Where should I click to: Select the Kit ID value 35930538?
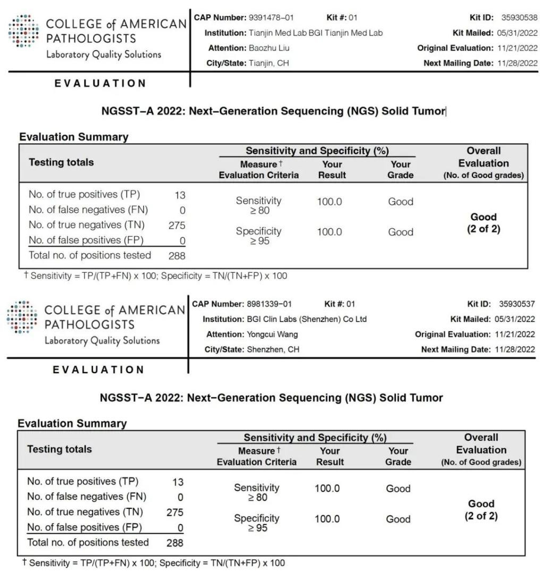coord(519,18)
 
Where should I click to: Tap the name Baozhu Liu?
coord(269,48)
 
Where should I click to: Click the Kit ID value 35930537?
coord(517,304)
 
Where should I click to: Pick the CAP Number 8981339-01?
coord(269,304)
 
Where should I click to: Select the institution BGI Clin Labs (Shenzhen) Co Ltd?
coord(307,319)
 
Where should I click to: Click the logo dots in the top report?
coord(23,31)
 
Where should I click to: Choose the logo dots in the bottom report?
coord(22,317)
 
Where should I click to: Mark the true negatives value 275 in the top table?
coord(176,226)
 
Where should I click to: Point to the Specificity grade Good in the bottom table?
coord(398,519)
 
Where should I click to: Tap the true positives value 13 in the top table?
coord(180,195)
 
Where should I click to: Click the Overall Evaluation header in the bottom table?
coord(481,449)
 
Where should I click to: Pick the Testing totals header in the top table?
coord(61,163)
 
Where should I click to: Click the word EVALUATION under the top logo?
coord(100,84)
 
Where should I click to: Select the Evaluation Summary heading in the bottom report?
coord(72,424)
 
